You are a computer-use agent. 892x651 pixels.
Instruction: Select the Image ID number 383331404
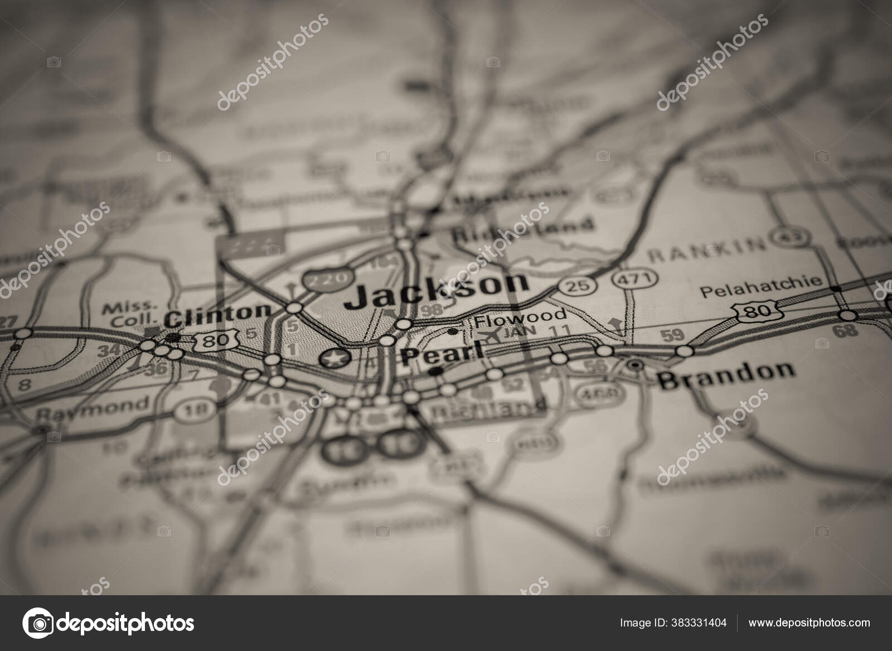pos(673,623)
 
